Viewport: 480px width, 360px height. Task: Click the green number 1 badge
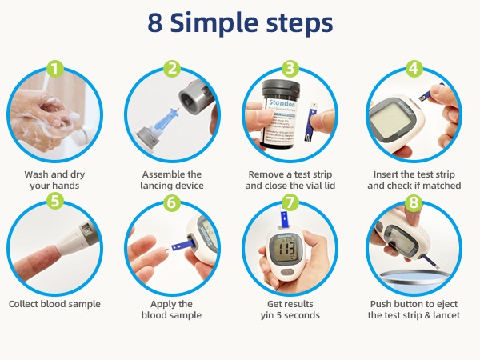pos(54,69)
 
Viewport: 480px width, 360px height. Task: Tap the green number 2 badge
pos(172,69)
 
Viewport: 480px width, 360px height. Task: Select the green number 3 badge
pos(291,69)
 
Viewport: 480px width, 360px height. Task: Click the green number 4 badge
pos(414,69)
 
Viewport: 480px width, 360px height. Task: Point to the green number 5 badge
pos(54,201)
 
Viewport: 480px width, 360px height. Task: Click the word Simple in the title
pos(218,24)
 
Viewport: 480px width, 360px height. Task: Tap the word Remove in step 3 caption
pos(263,174)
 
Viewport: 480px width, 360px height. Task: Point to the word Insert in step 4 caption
pos(387,174)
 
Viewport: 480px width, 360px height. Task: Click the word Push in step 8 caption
pos(382,304)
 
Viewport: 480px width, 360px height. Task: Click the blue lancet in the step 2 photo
pos(163,119)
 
